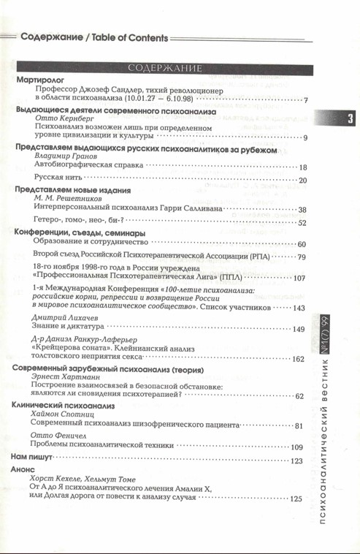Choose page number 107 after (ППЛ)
point(299,278)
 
